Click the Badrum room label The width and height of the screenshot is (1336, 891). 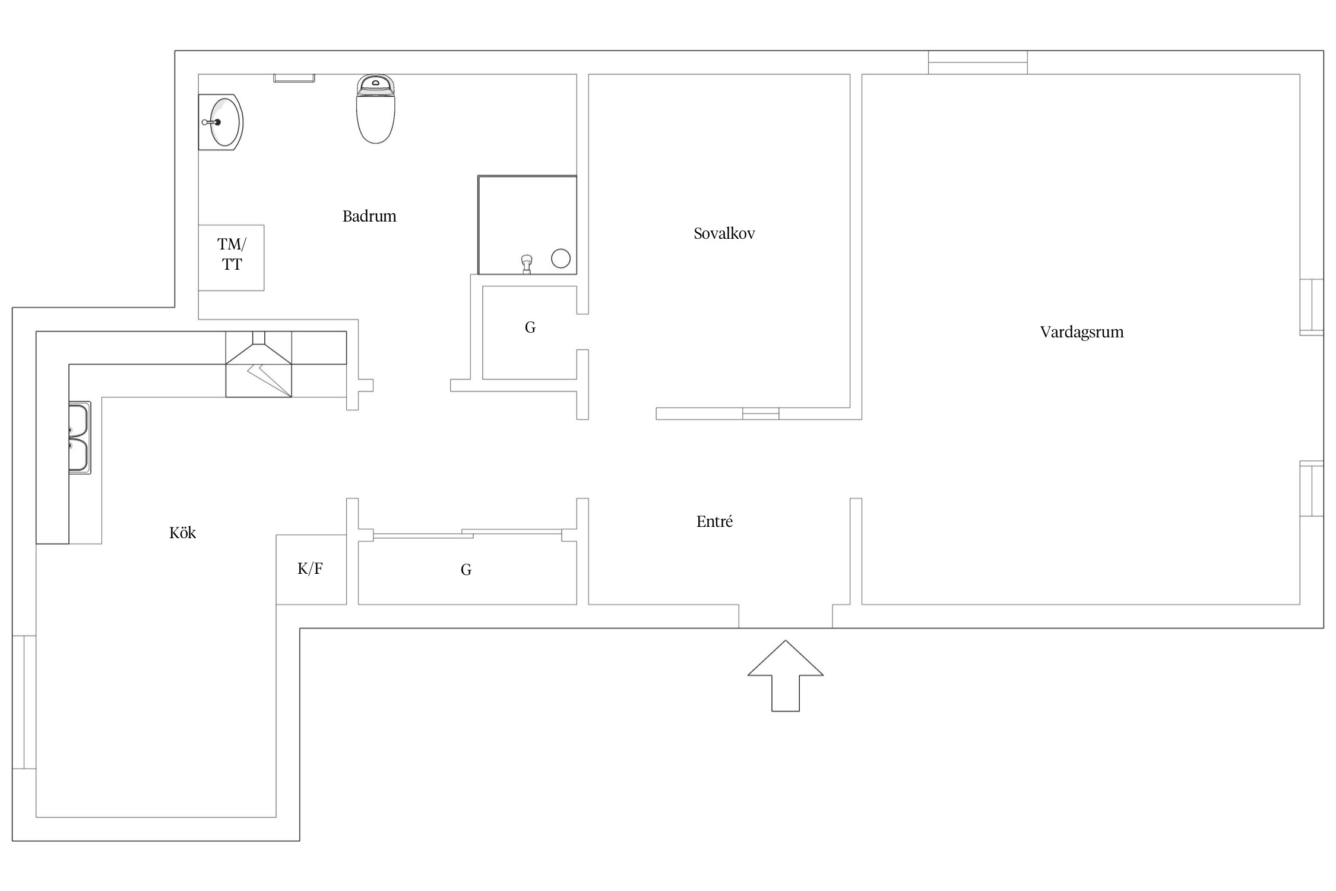pyautogui.click(x=369, y=216)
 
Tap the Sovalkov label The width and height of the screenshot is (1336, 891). pyautogui.click(x=724, y=233)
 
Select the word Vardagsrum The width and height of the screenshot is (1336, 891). pyautogui.click(x=1082, y=332)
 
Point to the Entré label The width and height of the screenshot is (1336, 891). pyautogui.click(x=714, y=522)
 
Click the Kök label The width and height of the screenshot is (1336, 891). pyautogui.click(x=182, y=533)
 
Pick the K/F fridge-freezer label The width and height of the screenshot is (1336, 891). pyautogui.click(x=310, y=569)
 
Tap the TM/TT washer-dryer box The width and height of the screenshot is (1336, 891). pyautogui.click(x=231, y=258)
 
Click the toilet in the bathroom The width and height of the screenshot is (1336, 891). pyautogui.click(x=376, y=109)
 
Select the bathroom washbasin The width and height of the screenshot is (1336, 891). pyautogui.click(x=221, y=122)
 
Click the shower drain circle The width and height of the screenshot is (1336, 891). pyautogui.click(x=561, y=258)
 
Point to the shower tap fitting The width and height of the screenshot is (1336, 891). pyautogui.click(x=526, y=264)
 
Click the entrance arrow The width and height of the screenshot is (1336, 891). pyautogui.click(x=785, y=675)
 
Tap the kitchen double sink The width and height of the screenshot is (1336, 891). pyautogui.click(x=80, y=438)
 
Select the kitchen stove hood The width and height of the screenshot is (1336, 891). pyautogui.click(x=258, y=364)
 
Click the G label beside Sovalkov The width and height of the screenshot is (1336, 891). pyautogui.click(x=530, y=327)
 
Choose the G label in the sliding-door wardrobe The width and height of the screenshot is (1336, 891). pyautogui.click(x=466, y=570)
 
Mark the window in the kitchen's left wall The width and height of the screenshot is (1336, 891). pyautogui.click(x=24, y=702)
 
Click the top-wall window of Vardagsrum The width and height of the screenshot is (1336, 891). pyautogui.click(x=978, y=62)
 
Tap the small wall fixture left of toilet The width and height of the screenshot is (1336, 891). pyautogui.click(x=294, y=78)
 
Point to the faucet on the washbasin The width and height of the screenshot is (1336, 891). pyautogui.click(x=211, y=122)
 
